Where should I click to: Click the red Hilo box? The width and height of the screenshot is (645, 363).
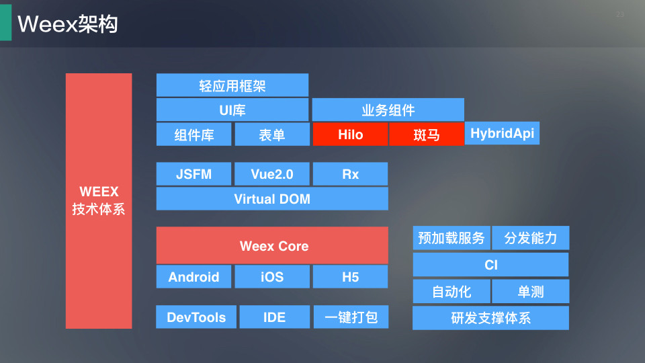[350, 134]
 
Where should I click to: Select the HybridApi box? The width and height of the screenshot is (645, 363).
[502, 133]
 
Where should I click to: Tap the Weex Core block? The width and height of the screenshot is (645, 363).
[272, 245]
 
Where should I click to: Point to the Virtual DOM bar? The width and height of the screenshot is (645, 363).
[272, 199]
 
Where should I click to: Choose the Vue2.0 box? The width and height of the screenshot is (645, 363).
[272, 173]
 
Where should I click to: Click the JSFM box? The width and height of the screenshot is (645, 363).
[193, 173]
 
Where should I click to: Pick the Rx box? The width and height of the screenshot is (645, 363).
[350, 173]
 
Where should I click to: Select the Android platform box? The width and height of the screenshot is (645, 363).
[193, 276]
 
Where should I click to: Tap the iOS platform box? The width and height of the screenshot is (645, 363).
[272, 276]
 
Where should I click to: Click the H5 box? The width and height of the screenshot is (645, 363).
[350, 276]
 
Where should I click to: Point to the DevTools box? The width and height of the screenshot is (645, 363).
[196, 317]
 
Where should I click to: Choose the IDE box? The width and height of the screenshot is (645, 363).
[274, 317]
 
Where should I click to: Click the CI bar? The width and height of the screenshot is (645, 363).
[490, 265]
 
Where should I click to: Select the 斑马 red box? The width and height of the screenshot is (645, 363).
[427, 134]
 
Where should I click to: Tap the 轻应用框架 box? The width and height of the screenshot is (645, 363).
[232, 85]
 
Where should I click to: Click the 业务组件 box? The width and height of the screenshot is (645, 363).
[388, 110]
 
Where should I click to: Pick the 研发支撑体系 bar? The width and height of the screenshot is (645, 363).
[490, 318]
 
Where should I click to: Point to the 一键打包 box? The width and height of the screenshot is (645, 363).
[351, 317]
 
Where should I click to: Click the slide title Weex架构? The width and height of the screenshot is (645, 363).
[68, 24]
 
